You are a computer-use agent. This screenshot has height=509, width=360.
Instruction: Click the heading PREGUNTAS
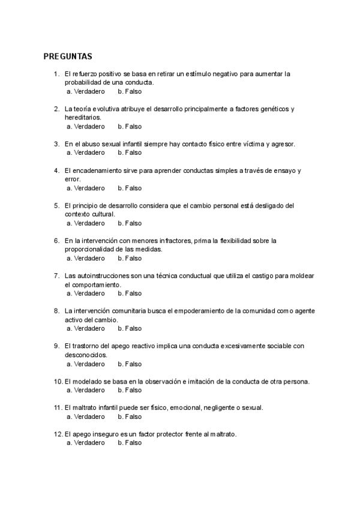pyautogui.click(x=68, y=57)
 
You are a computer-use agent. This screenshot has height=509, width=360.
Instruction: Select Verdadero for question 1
pyautogui.click(x=85, y=91)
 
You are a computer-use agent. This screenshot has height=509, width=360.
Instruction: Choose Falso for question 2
pyautogui.click(x=130, y=127)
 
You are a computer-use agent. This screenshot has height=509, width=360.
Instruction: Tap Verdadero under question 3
pyautogui.click(x=85, y=153)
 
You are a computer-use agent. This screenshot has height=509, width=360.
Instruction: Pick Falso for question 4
pyautogui.click(x=130, y=188)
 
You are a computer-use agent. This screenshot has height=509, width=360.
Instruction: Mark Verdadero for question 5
pyautogui.click(x=85, y=223)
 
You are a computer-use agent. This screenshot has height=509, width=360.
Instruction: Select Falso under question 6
pyautogui.click(x=130, y=258)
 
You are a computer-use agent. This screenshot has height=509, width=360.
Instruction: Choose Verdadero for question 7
pyautogui.click(x=85, y=294)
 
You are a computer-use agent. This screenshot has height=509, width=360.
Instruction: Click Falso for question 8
pyautogui.click(x=130, y=328)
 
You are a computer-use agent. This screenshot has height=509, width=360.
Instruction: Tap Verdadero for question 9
pyautogui.click(x=85, y=364)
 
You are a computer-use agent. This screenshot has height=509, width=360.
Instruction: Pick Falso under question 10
pyautogui.click(x=130, y=390)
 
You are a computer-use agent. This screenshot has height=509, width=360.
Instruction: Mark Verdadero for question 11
pyautogui.click(x=85, y=417)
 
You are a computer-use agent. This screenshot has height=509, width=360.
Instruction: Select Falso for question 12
pyautogui.click(x=130, y=443)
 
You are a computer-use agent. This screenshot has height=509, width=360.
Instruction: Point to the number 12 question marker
pyautogui.click(x=58, y=434)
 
